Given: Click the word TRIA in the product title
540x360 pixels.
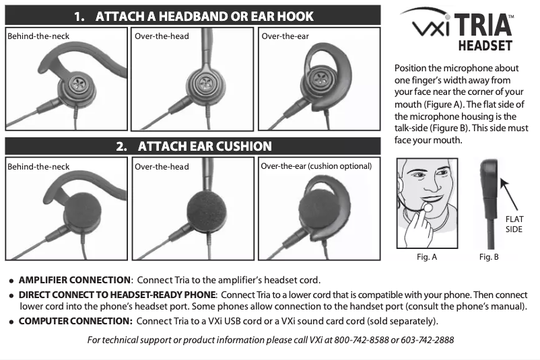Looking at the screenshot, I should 483,25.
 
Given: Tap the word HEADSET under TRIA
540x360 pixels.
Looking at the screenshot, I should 485,46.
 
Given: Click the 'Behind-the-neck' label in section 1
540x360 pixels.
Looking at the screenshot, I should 38,36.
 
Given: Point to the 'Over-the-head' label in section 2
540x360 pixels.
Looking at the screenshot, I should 162,166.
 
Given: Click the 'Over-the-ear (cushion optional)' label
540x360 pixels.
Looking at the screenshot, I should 316,166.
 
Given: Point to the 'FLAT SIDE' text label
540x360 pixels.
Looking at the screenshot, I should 514,224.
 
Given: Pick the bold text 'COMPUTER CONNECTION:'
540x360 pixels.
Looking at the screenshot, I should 75,321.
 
